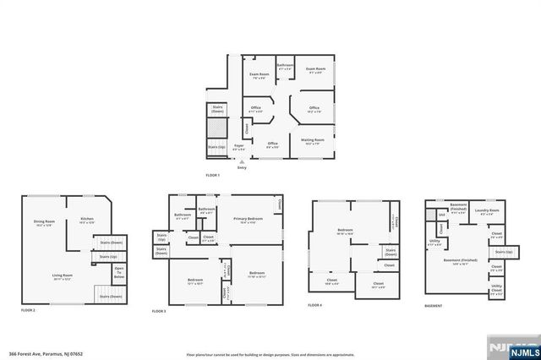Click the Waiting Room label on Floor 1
pyautogui.click(x=314, y=141)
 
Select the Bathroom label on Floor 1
pyautogui.click(x=285, y=68)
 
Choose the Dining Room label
pyautogui.click(x=43, y=223)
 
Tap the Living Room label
pyautogui.click(x=63, y=277)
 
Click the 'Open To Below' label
pyautogui.click(x=119, y=272)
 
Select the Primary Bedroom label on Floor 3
pyautogui.click(x=248, y=221)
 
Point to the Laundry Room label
pyautogui.click(x=487, y=212)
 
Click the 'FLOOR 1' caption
pyautogui.click(x=213, y=175)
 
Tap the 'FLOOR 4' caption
pyautogui.click(x=315, y=304)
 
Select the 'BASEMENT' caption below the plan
pyautogui.click(x=434, y=304)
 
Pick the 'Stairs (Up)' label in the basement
pyautogui.click(x=504, y=252)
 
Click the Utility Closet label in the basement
pyautogui.click(x=496, y=289)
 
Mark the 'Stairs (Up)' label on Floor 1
pyautogui.click(x=216, y=147)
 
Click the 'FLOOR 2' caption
pyautogui.click(x=28, y=311)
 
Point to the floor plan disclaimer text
pyautogui.click(x=270, y=355)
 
